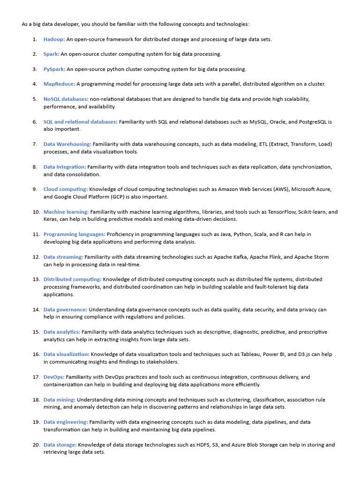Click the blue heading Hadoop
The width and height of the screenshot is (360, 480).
(x=54, y=39)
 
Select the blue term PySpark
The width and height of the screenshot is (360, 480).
(x=54, y=69)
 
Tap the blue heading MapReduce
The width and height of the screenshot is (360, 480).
(x=59, y=84)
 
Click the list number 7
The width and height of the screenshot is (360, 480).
(x=35, y=144)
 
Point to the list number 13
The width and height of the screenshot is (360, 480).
(x=36, y=279)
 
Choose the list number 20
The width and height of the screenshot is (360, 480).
(x=36, y=445)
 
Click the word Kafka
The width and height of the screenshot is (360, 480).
(x=243, y=257)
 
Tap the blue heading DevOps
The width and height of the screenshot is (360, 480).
(x=54, y=377)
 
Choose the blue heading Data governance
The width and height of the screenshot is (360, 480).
(x=65, y=310)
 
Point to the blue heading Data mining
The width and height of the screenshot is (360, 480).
(x=59, y=400)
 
